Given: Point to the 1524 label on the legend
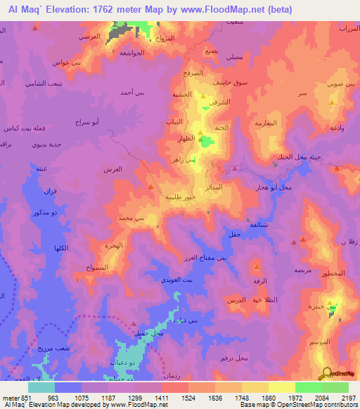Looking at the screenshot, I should [x=176, y=398].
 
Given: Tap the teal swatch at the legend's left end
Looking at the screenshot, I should [x=41, y=387].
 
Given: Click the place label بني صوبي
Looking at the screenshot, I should [x=340, y=84].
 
